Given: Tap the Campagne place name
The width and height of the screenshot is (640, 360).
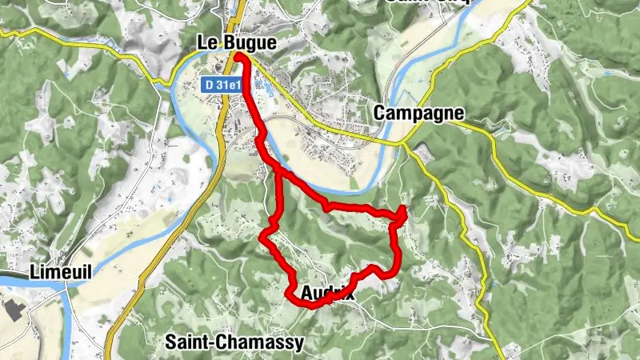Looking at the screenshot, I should point(418,114).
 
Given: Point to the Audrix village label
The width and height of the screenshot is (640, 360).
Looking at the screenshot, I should point(328,294).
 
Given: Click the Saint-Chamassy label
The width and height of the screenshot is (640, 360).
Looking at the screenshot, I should point(234,342).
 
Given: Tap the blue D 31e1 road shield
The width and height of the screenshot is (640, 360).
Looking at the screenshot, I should point(219,83).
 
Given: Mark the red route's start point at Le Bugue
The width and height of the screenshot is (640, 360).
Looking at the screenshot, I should point(239,56).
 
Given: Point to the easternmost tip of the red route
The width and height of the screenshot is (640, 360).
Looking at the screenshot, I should point(404,210).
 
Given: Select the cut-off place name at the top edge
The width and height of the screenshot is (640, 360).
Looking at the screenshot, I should point(424,2).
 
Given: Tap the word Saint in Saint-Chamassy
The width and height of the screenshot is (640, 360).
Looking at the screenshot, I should point(189,342).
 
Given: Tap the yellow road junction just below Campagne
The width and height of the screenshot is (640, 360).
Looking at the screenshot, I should point(400,143).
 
